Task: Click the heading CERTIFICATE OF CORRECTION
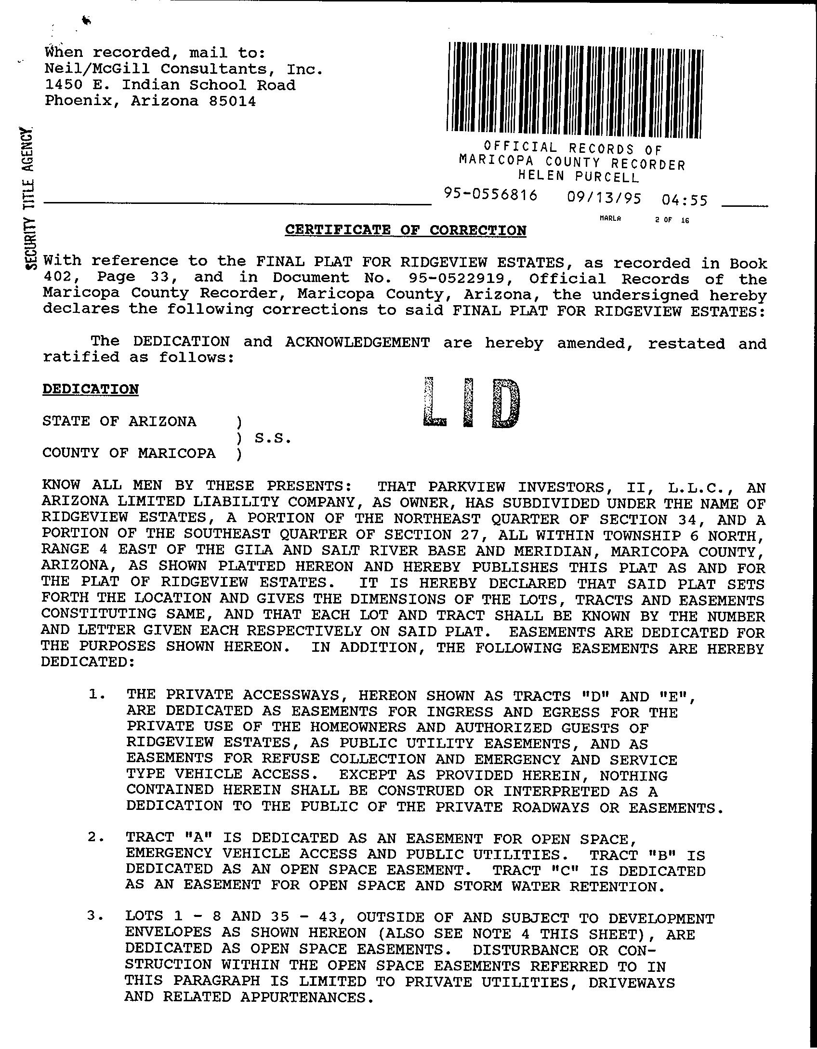(x=405, y=230)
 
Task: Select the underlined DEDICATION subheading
(x=91, y=389)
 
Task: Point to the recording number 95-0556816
(x=490, y=195)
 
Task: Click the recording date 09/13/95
(x=604, y=198)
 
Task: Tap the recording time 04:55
(x=685, y=200)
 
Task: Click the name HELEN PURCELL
(x=578, y=177)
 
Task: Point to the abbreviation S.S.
(x=273, y=438)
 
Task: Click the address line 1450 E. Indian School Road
(x=170, y=85)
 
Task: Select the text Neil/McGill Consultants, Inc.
(x=184, y=69)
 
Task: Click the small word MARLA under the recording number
(x=610, y=218)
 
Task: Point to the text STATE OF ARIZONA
(x=119, y=421)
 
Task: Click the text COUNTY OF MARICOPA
(x=129, y=453)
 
